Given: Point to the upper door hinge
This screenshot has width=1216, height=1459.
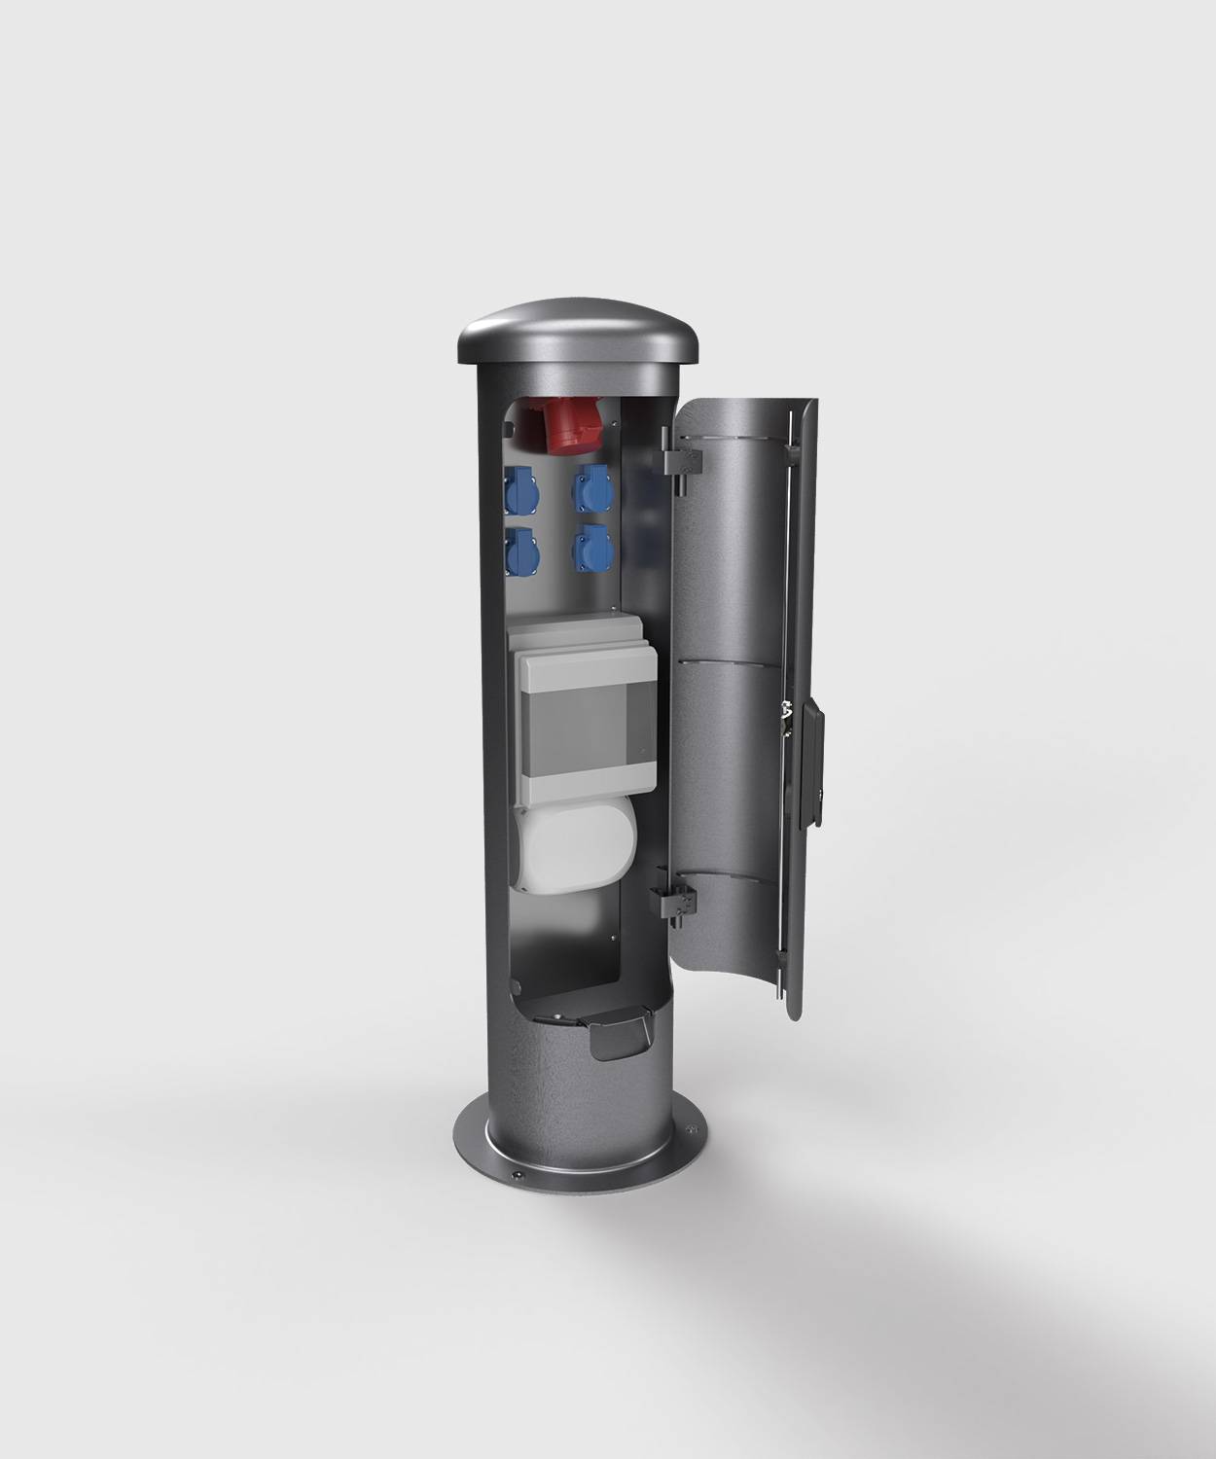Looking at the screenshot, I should click(681, 458).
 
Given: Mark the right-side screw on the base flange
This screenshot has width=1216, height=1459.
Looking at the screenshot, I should click(692, 1130).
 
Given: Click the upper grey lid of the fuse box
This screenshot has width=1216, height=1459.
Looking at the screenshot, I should click(574, 632).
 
